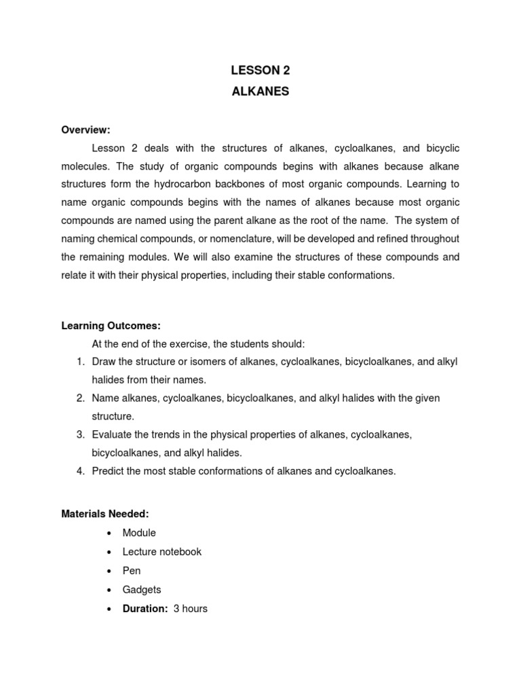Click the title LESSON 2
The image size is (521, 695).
[x=260, y=70]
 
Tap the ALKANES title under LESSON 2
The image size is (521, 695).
[x=260, y=92]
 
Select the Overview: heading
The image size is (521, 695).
[x=85, y=130]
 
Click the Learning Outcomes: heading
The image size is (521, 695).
[x=111, y=326]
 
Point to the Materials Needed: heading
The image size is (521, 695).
[x=105, y=514]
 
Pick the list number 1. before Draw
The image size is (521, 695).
[x=80, y=362]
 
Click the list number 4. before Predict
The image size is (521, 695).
[x=80, y=470]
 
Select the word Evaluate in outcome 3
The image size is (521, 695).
[x=113, y=434]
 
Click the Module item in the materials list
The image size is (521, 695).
[x=139, y=533]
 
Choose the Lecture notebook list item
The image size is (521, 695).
[x=162, y=552]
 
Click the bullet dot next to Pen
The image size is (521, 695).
[x=109, y=571]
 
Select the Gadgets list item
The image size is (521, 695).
[x=142, y=590]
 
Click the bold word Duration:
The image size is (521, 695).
[x=144, y=609]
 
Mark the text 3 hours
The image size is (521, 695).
[x=191, y=609]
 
